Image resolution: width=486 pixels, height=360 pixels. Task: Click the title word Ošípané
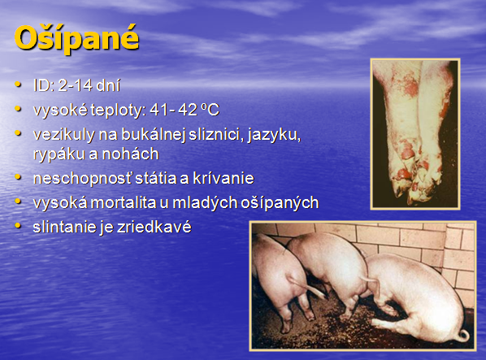(x=76, y=39)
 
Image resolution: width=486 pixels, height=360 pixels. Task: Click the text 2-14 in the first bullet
(x=76, y=85)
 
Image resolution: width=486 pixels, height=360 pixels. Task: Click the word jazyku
(x=274, y=135)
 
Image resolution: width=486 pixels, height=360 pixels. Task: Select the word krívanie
(x=223, y=178)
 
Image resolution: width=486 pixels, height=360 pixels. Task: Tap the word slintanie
(x=64, y=227)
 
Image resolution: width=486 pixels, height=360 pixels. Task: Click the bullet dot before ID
(x=19, y=85)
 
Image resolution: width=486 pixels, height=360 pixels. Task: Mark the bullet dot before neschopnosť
(x=19, y=177)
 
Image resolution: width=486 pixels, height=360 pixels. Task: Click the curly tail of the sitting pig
(x=464, y=335)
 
